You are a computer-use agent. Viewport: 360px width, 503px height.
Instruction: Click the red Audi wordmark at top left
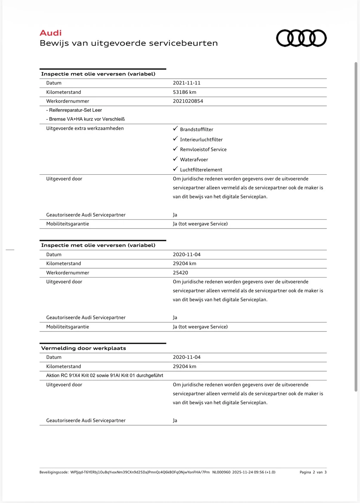(x=51, y=33)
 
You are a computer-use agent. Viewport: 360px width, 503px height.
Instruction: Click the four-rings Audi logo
(x=301, y=38)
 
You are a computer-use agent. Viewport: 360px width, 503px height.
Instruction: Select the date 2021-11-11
(x=187, y=83)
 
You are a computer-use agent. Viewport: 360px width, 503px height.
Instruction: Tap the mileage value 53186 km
(x=185, y=92)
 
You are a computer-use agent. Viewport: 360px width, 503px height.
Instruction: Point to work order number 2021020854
(x=188, y=101)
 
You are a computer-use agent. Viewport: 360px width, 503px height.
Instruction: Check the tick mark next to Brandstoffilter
(x=175, y=129)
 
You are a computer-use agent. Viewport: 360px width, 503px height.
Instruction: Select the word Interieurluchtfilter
(x=201, y=140)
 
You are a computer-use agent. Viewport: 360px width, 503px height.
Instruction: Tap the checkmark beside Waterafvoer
(x=175, y=159)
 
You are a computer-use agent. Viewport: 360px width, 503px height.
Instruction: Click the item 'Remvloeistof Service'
(x=203, y=149)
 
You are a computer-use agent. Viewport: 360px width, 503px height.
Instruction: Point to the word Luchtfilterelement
(x=201, y=170)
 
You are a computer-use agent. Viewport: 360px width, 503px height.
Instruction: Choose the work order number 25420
(x=180, y=273)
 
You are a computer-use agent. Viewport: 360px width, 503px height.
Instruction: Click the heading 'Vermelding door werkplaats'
(x=84, y=348)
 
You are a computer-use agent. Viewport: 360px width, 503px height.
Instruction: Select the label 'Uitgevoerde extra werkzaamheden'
(x=85, y=128)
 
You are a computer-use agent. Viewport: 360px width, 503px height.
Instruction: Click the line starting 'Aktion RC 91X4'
(x=105, y=375)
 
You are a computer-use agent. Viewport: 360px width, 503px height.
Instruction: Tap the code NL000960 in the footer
(x=221, y=472)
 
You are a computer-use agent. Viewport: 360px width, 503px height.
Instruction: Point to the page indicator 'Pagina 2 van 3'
(x=313, y=472)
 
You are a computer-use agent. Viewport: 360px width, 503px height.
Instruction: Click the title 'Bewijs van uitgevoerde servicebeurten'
(x=129, y=43)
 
